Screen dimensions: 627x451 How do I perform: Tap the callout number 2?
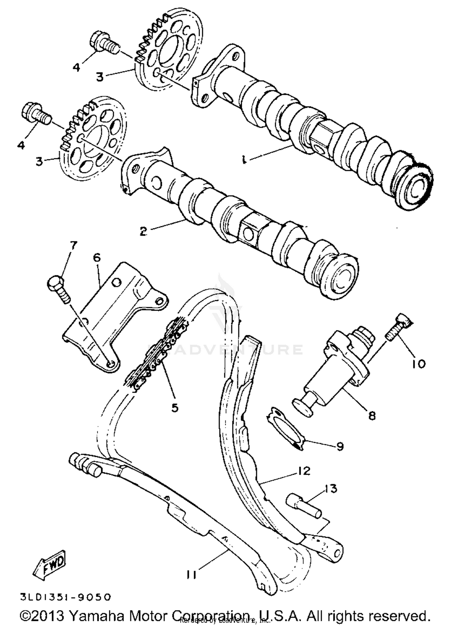point(143,231)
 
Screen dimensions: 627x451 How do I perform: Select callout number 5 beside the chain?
point(175,408)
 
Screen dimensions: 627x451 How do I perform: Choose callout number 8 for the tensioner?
point(372,416)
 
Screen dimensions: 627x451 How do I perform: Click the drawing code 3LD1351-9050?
point(66,597)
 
